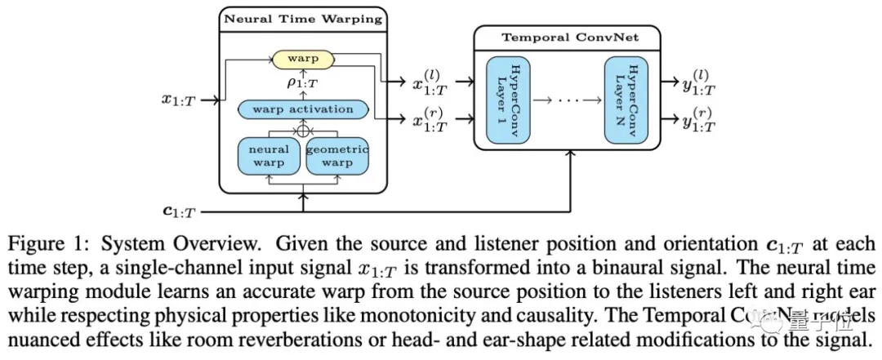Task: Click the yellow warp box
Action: (302, 59)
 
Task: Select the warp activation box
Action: (302, 109)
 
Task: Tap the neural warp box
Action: (269, 156)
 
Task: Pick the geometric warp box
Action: (336, 156)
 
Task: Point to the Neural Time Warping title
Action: (302, 18)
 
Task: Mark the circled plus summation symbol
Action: (303, 129)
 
